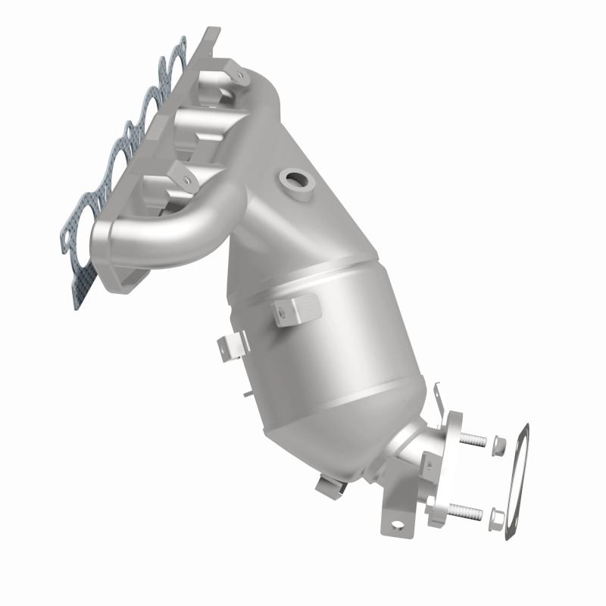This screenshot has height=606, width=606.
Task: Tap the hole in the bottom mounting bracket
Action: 395,523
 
